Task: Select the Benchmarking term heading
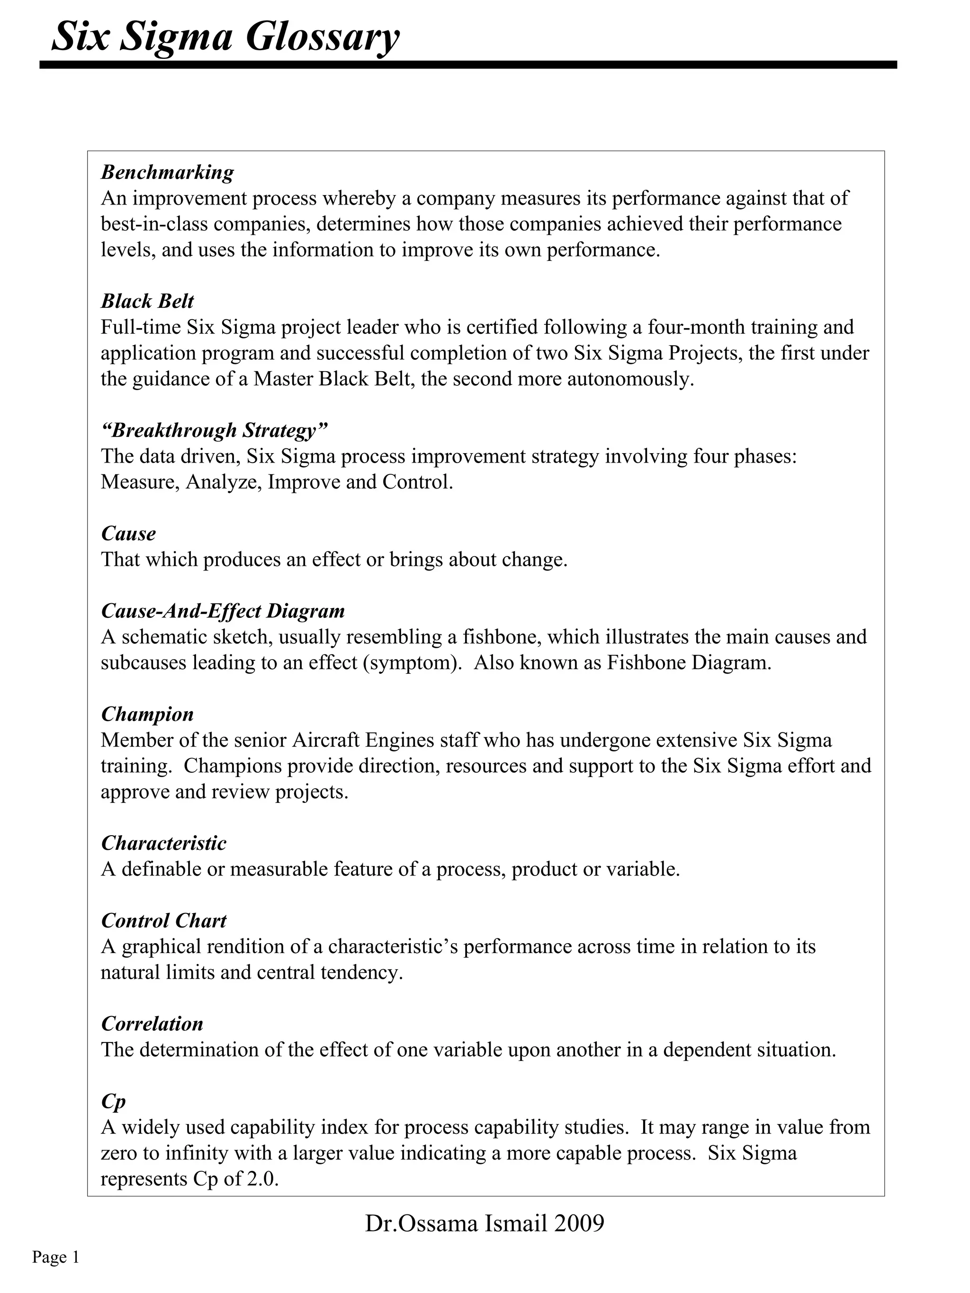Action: tap(167, 172)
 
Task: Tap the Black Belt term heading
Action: tap(147, 301)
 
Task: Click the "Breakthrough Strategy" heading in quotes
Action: tap(214, 430)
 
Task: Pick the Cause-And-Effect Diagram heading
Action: tap(223, 611)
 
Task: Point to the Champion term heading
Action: tap(147, 714)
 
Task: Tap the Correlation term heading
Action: tap(152, 1024)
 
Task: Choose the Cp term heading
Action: tap(113, 1101)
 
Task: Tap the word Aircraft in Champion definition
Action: tap(326, 740)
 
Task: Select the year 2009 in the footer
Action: tap(580, 1224)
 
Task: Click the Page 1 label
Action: tap(55, 1257)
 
